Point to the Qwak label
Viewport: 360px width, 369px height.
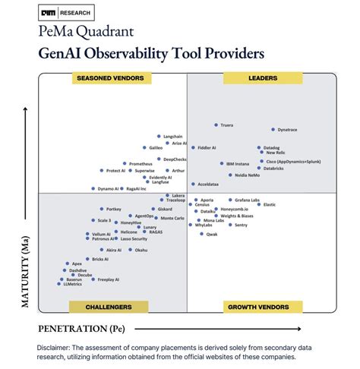[x=212, y=234]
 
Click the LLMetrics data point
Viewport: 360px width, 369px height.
[x=60, y=284]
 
